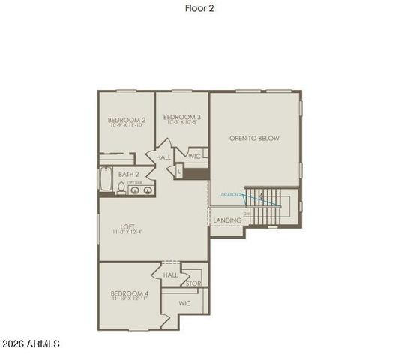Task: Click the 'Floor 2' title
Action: (x=197, y=9)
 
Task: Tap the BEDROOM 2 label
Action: (x=126, y=120)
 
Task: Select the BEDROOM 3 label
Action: (x=181, y=117)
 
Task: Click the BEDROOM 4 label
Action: (x=130, y=293)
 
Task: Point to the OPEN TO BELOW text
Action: (x=254, y=139)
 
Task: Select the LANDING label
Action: (x=227, y=220)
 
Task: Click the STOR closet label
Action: (x=193, y=283)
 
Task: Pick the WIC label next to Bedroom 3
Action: (x=194, y=157)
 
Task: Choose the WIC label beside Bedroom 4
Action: (x=184, y=304)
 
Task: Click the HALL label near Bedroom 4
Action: (x=170, y=275)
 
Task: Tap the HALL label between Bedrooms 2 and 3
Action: (x=163, y=158)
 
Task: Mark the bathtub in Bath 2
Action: (x=105, y=181)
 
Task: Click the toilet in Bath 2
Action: (x=121, y=188)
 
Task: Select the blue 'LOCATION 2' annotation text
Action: (x=230, y=194)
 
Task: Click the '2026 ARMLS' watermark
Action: (x=31, y=344)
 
